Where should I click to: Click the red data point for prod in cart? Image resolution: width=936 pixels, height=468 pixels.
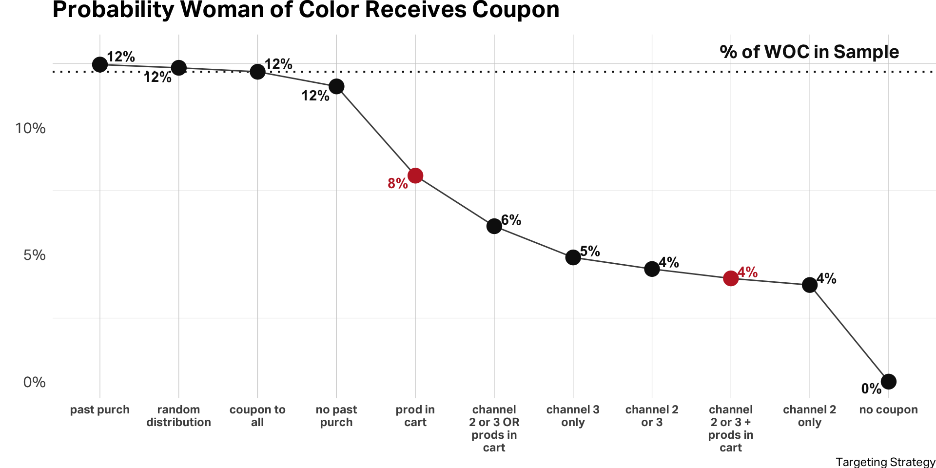(x=415, y=175)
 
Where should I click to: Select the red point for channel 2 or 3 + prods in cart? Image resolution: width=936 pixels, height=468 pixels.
(x=731, y=278)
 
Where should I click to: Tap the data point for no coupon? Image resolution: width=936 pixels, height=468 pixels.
(x=889, y=382)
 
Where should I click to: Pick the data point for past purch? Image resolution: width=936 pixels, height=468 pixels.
(x=100, y=64)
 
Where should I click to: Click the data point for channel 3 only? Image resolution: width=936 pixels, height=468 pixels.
(x=573, y=257)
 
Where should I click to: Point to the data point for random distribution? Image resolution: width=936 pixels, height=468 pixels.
(x=179, y=68)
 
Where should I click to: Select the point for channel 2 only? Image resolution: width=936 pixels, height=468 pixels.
(x=810, y=285)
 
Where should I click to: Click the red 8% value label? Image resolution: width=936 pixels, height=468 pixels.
(x=398, y=184)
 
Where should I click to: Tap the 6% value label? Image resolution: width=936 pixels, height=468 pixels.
(x=511, y=220)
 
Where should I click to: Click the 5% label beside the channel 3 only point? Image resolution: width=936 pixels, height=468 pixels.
(x=590, y=252)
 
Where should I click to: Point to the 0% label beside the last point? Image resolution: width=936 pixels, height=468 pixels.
(x=871, y=389)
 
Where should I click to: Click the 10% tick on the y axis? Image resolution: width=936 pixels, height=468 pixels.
(x=30, y=128)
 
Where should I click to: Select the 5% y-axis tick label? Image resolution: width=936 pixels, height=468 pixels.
(x=34, y=255)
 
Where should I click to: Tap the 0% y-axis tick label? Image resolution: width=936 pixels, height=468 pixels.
(x=34, y=382)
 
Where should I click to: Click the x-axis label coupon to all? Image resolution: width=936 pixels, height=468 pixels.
(x=257, y=416)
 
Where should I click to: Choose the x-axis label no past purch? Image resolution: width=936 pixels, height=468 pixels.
(x=336, y=416)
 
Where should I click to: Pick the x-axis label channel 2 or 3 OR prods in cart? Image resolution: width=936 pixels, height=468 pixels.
(x=494, y=429)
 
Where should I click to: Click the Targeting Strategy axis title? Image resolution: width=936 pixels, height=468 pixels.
(x=885, y=462)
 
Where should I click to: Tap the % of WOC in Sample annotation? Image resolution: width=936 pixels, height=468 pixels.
(x=809, y=52)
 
